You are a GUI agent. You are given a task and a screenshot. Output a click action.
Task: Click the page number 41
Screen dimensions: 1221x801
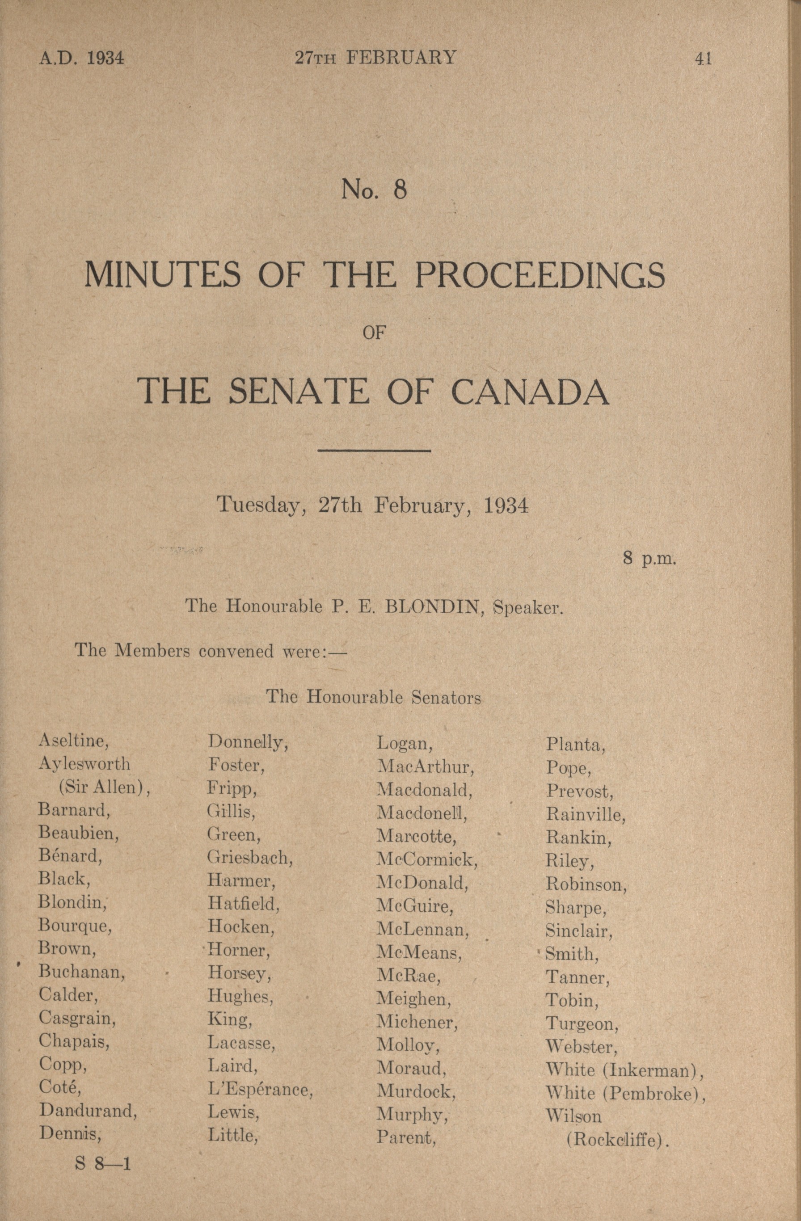[703, 59]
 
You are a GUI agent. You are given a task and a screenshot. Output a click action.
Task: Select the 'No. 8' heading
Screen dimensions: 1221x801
[374, 190]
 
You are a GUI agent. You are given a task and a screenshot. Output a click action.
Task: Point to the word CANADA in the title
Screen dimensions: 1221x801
[530, 392]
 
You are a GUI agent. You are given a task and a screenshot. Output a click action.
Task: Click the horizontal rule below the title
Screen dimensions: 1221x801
[374, 451]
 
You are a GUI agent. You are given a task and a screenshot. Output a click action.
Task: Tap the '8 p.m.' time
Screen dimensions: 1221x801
[649, 558]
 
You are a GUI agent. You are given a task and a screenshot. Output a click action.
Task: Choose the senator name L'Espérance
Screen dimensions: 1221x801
[260, 1090]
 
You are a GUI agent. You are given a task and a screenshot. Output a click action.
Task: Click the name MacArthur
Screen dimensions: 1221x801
[426, 767]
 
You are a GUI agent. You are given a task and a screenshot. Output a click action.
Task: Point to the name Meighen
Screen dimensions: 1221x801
[413, 999]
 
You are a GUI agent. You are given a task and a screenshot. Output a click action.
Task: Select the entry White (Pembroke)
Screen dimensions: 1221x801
[625, 1093]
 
